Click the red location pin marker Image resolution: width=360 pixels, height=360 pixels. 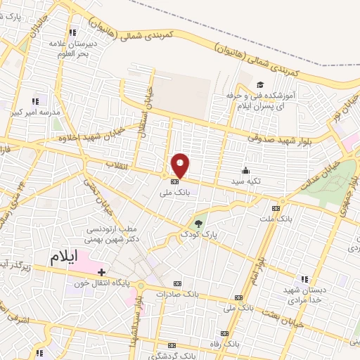click(181, 165)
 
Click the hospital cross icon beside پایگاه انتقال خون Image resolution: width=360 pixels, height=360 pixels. click(102, 271)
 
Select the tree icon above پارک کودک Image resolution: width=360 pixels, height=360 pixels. click(199, 224)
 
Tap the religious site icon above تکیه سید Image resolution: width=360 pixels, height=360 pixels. click(245, 169)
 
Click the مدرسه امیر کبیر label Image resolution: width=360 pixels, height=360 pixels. click(39, 112)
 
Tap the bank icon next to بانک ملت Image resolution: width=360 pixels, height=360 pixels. click(276, 208)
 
